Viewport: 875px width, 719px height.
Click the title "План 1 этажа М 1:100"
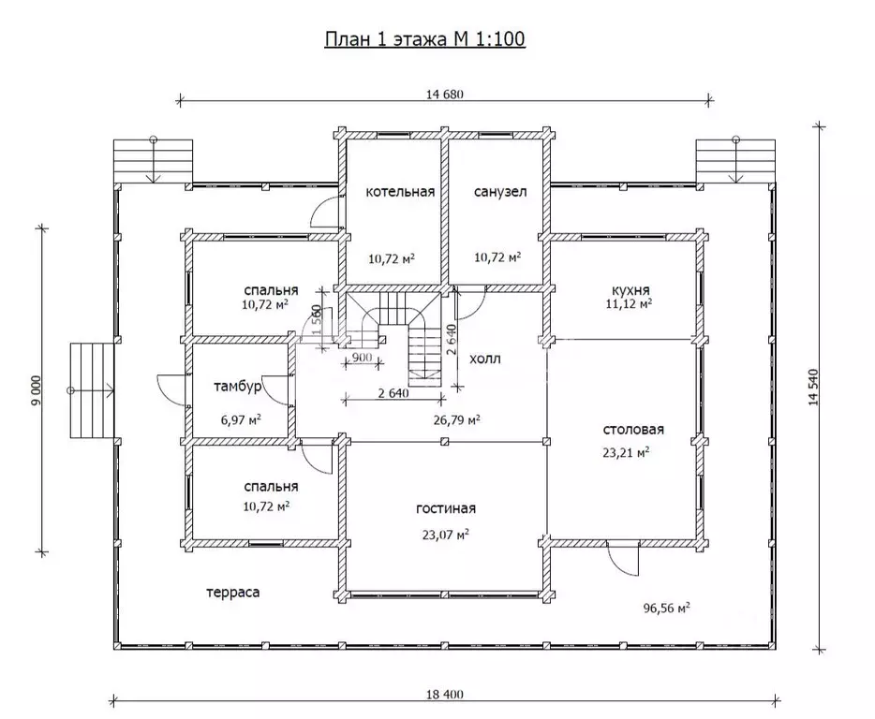pos(424,39)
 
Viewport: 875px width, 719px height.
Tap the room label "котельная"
pos(400,192)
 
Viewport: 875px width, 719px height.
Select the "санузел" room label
pos(500,192)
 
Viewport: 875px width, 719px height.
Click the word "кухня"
pos(630,290)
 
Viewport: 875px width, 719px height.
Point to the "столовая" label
pos(633,430)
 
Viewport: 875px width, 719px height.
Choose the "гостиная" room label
pos(446,508)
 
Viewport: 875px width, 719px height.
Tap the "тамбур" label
pos(238,387)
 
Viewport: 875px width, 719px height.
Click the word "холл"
pos(485,359)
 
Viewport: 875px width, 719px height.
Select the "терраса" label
pos(232,593)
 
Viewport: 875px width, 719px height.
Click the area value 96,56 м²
pos(667,608)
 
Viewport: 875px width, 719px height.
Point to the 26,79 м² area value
pos(456,418)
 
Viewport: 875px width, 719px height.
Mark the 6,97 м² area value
pos(241,419)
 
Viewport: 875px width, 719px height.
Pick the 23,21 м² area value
pos(626,452)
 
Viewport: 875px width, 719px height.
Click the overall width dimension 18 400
pos(445,695)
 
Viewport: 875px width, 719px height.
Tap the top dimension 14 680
pos(445,94)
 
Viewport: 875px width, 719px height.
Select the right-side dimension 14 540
pos(812,387)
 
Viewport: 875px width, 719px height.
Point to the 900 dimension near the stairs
pos(363,358)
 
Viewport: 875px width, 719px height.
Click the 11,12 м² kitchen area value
pos(629,304)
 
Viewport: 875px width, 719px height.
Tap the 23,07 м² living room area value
pos(445,535)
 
